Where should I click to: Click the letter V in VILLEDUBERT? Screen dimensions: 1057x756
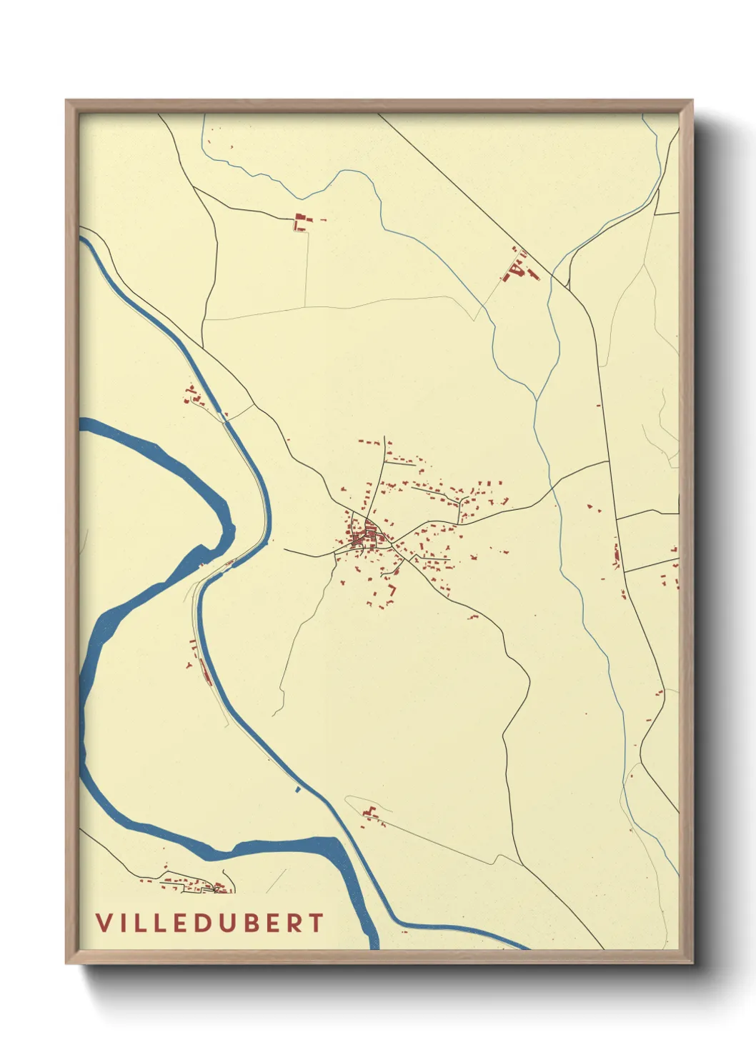click(104, 922)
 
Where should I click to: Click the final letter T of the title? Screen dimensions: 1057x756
click(317, 922)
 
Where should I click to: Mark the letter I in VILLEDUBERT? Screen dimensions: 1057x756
click(122, 922)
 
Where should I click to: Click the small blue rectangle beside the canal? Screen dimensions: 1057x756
click(297, 789)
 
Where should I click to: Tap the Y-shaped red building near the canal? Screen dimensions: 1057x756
click(189, 665)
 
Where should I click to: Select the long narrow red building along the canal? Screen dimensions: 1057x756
click(206, 672)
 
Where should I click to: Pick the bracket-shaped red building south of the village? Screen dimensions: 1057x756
click(392, 591)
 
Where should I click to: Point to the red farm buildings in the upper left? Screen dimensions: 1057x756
click(299, 221)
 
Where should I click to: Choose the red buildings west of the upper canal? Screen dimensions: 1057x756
click(193, 395)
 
